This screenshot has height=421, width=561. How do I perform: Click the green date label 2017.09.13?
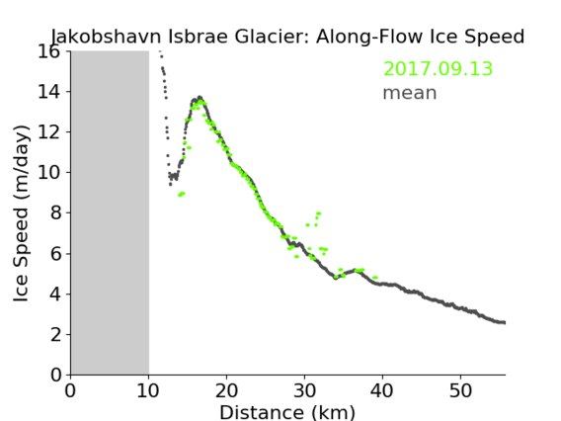[x=438, y=69]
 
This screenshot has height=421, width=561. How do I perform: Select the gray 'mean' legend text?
[x=410, y=93]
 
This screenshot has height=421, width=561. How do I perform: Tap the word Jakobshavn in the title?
[x=106, y=37]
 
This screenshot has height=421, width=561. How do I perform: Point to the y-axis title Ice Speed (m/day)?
[x=21, y=213]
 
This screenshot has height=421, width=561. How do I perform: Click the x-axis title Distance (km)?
[x=287, y=412]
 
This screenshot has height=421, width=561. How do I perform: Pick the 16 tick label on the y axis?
[x=49, y=51]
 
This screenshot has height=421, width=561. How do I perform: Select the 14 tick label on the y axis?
[x=49, y=92]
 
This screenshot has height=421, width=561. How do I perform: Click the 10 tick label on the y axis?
[x=49, y=173]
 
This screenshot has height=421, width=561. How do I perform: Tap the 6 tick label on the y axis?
[x=55, y=253]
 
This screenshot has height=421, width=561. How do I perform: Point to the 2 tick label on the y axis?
[x=55, y=334]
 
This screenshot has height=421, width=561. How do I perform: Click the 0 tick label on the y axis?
[x=55, y=375]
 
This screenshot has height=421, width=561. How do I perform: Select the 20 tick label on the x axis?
[x=226, y=391]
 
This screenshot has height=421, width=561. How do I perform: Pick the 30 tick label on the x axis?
[x=304, y=391]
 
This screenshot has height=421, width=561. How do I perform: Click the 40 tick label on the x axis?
[x=382, y=391]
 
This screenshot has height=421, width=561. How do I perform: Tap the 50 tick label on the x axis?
[x=460, y=391]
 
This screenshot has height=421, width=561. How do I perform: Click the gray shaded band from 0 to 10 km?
[x=110, y=212]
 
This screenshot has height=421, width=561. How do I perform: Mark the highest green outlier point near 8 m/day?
[x=318, y=213]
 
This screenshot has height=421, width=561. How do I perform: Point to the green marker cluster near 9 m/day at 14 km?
[x=182, y=194]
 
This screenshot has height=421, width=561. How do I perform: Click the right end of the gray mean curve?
[x=505, y=322]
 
